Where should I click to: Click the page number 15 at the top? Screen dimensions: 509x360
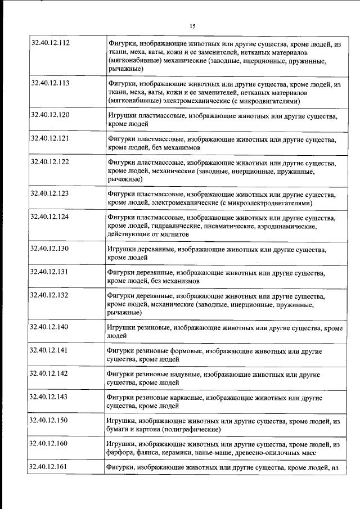coord(193,26)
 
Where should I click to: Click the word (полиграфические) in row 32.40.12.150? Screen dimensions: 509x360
coord(184,429)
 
